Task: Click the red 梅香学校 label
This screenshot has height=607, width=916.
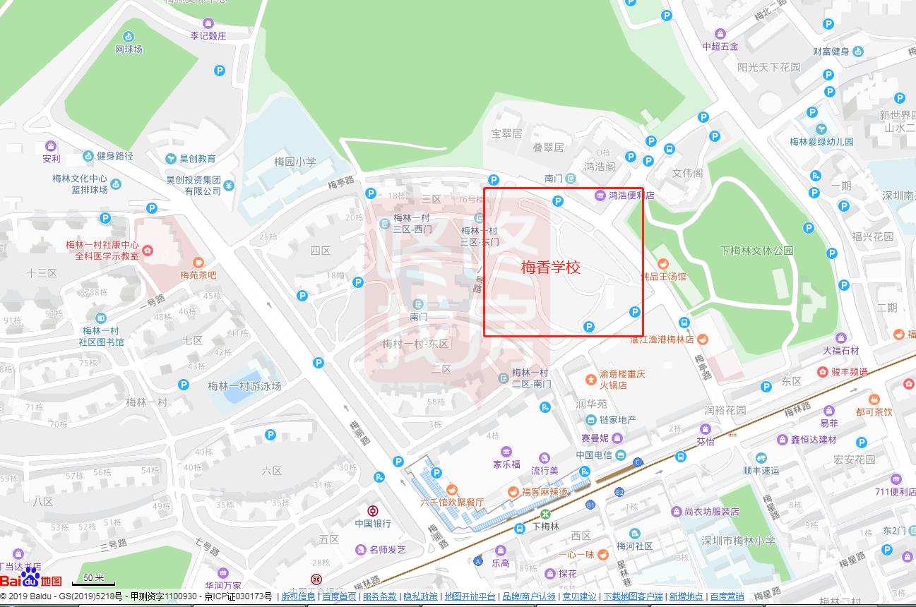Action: (551, 268)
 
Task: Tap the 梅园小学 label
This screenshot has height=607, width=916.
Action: (295, 162)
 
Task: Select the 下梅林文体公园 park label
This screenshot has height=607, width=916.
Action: (756, 251)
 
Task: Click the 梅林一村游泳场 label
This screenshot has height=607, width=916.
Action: (244, 386)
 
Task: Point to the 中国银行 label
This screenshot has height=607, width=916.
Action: (373, 524)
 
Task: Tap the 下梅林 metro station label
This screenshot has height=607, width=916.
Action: (545, 527)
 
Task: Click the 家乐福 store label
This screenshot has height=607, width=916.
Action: (506, 464)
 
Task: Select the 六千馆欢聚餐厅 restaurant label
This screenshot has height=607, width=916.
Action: (452, 503)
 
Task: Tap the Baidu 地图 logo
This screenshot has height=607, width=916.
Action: (31, 580)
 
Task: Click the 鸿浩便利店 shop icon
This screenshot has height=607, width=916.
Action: (600, 196)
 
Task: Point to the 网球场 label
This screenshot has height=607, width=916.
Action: (129, 49)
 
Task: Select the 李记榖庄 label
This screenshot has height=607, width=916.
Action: (208, 36)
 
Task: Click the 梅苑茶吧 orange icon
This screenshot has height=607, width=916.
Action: (198, 263)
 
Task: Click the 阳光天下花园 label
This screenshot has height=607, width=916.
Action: (768, 67)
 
